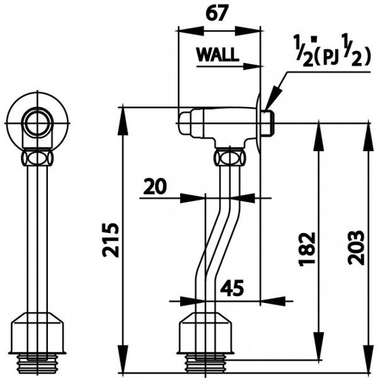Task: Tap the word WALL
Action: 217,55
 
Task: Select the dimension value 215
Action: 110,239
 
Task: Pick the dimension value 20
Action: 155,186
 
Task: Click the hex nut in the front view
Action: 37,156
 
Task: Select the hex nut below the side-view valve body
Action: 229,156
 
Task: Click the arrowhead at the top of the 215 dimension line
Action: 124,113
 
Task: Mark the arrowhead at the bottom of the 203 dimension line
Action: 369,366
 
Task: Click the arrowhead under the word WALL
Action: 255,65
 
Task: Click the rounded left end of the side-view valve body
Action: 184,122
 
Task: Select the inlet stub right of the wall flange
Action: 267,122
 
